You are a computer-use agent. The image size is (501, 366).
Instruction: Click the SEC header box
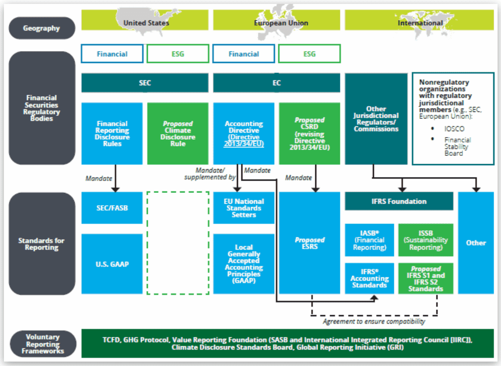coord(145,83)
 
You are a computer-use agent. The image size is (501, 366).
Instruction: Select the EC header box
coord(276,83)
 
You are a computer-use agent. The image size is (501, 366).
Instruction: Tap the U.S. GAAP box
coord(112,264)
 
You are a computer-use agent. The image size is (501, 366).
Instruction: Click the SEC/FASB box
coord(112,208)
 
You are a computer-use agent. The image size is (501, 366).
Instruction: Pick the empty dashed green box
coord(178,243)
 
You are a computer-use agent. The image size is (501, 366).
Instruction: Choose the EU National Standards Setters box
coord(243,208)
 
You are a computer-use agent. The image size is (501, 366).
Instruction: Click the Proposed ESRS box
coord(309,243)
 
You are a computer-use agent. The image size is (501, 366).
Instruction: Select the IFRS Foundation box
coord(399,201)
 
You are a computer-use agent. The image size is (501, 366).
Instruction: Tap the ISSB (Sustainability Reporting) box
coord(426,240)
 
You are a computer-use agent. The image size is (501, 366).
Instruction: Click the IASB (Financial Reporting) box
coord(369,240)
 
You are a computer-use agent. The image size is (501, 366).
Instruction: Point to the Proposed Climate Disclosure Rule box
coord(178,133)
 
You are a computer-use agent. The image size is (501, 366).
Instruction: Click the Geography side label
coord(41,28)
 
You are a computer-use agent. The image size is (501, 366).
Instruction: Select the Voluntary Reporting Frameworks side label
coord(41,344)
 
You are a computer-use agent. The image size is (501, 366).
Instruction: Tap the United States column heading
coord(146,23)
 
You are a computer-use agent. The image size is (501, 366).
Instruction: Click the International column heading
coord(420,23)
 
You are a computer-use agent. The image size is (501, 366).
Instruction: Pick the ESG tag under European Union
coord(309,54)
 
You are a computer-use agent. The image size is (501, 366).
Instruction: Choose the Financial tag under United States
coord(112,54)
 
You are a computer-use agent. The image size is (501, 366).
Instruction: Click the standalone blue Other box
coord(476,243)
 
